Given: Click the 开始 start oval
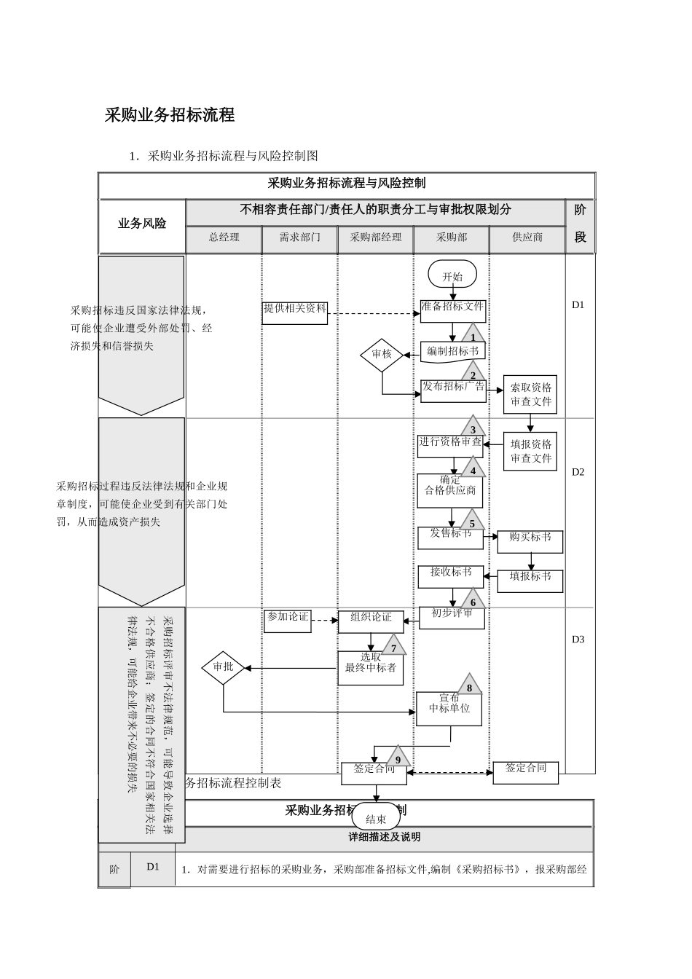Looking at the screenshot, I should (x=452, y=276).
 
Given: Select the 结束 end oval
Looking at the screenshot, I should (x=376, y=819).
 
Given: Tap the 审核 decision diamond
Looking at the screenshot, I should (x=382, y=354).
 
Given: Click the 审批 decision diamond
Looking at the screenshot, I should (x=223, y=667).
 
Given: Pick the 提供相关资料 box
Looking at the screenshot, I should (x=295, y=312).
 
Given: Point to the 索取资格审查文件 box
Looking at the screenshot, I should (x=530, y=395).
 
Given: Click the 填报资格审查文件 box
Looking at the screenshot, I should (x=530, y=452).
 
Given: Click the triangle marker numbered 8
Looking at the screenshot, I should (x=470, y=685).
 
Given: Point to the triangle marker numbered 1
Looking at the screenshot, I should (x=473, y=335).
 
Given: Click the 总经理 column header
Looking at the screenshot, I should (x=224, y=237).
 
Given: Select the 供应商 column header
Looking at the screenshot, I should (x=527, y=237).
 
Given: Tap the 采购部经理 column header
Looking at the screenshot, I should (x=375, y=237).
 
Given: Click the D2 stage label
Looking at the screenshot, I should (x=578, y=472).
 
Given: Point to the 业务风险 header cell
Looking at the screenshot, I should (x=142, y=224).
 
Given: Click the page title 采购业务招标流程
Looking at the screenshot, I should (x=170, y=115).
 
